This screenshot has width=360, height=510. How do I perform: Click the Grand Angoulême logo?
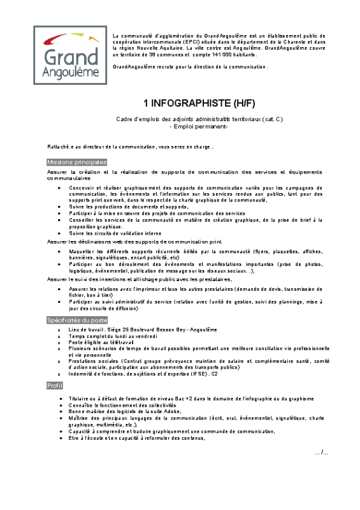[71, 55]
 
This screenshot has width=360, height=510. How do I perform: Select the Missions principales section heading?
[77, 163]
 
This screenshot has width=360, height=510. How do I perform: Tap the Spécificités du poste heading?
[77, 319]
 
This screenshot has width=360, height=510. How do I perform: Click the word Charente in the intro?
[298, 41]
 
